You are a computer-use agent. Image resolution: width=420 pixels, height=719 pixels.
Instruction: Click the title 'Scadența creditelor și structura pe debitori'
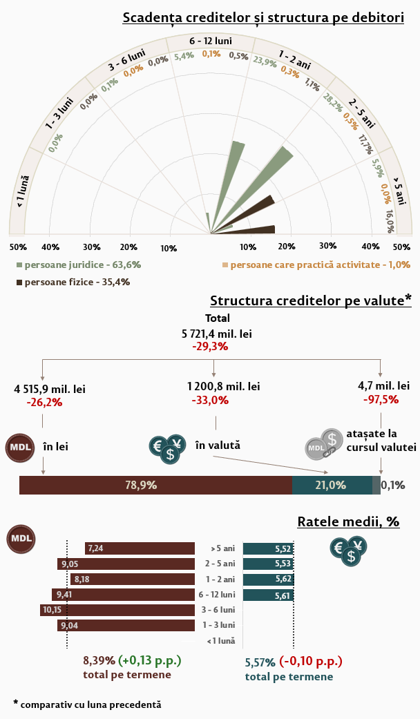pyautogui.click(x=263, y=18)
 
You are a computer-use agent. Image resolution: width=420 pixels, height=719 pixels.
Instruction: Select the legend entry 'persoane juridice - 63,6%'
pyautogui.click(x=79, y=265)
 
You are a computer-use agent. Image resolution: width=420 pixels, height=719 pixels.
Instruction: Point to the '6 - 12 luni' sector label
pyautogui.click(x=210, y=41)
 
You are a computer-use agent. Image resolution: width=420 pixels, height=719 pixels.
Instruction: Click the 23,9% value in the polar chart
pyautogui.click(x=265, y=61)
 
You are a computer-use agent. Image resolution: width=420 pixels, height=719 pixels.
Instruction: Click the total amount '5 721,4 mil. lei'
pyautogui.click(x=216, y=334)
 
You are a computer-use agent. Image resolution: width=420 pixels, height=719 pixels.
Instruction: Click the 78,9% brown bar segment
pyautogui.click(x=155, y=485)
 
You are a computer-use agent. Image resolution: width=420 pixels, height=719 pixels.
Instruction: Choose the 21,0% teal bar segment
pyautogui.click(x=332, y=485)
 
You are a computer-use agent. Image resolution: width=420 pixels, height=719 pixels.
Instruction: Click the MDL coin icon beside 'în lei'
pyautogui.click(x=20, y=447)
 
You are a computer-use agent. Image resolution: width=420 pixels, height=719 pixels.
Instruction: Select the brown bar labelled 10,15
pyautogui.click(x=117, y=610)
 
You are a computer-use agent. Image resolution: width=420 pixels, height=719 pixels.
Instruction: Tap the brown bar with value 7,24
pyautogui.click(x=140, y=548)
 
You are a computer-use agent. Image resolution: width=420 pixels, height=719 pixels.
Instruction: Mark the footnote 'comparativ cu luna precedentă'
pyautogui.click(x=90, y=704)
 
